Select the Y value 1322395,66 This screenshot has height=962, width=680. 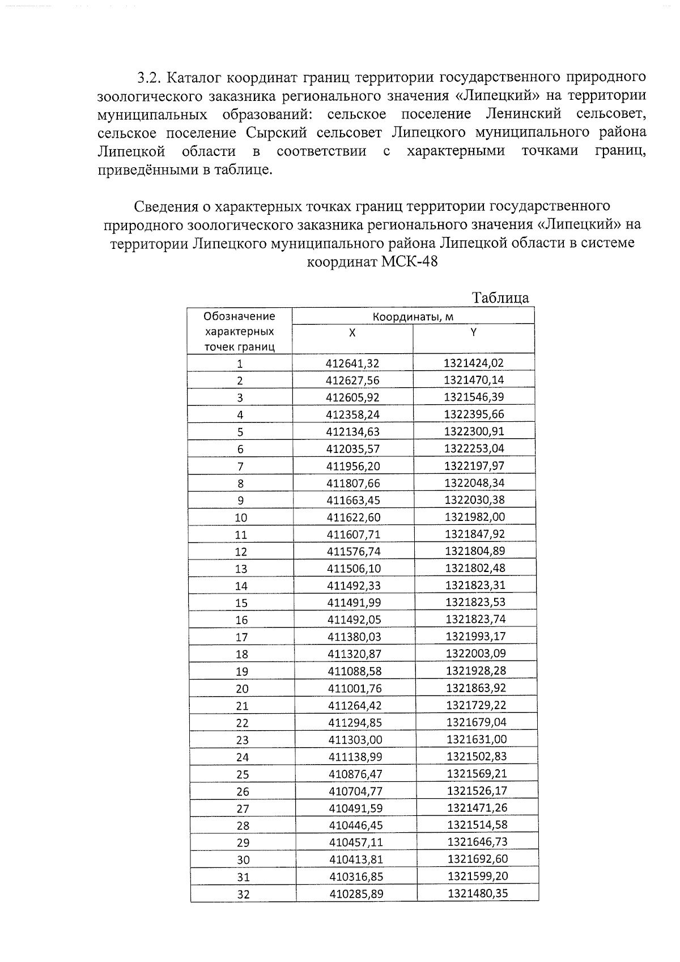pyautogui.click(x=474, y=414)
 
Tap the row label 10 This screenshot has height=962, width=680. pyautogui.click(x=241, y=518)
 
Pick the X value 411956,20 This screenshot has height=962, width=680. pyautogui.click(x=354, y=466)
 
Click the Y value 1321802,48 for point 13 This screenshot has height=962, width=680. pyautogui.click(x=475, y=568)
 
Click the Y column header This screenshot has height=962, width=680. pyautogui.click(x=473, y=332)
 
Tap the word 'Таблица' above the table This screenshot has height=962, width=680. pyautogui.click(x=500, y=298)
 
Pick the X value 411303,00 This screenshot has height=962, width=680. pyautogui.click(x=355, y=739)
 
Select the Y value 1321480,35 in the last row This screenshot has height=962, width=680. pyautogui.click(x=477, y=894)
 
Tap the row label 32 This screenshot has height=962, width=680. pyautogui.click(x=243, y=895)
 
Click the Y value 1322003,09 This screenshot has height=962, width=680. pyautogui.click(x=475, y=654)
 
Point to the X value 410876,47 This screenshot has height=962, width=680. pyautogui.click(x=355, y=774)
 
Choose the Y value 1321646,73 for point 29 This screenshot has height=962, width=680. pyautogui.click(x=477, y=842)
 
